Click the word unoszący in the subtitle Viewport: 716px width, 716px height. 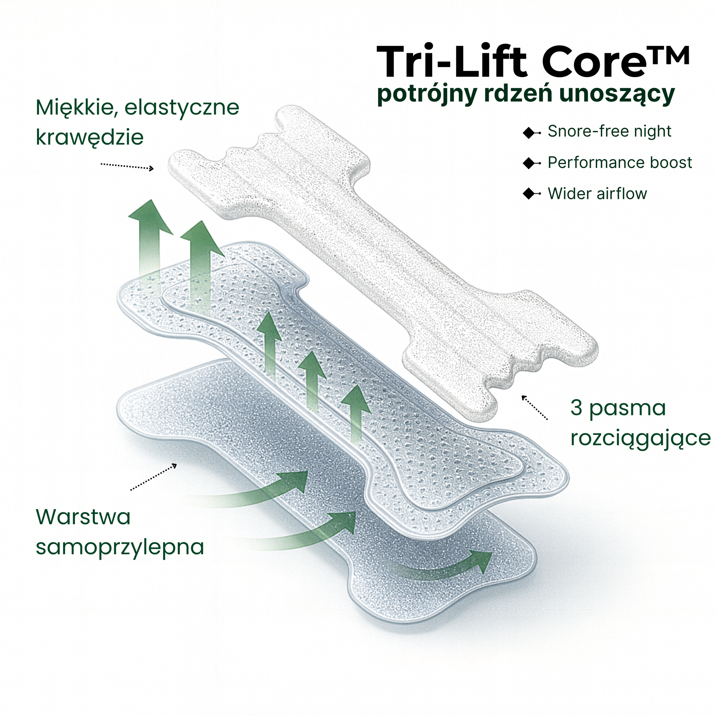617,94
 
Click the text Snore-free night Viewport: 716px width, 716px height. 609,131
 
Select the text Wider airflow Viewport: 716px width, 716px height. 597,194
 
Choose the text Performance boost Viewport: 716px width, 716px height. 620,163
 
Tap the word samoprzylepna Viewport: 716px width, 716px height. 120,547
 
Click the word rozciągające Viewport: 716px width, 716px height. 640,439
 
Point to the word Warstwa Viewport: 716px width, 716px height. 83,517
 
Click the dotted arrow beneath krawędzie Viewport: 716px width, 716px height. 127,166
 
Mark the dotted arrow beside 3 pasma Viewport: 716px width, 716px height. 534,408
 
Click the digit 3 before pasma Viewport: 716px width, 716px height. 576,408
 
